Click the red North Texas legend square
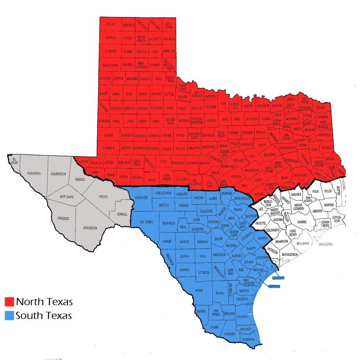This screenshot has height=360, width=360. pyautogui.click(x=9, y=302)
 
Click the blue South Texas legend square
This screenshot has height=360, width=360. pyautogui.click(x=9, y=316)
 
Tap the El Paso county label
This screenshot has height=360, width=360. pyautogui.click(x=15, y=160)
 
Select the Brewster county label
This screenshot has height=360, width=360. pyautogui.click(x=90, y=228)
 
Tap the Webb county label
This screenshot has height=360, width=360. pyautogui.click(x=199, y=290)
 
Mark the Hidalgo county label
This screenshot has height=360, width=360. pyautogui.click(x=231, y=334)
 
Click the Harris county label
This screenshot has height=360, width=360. pyautogui.click(x=302, y=222)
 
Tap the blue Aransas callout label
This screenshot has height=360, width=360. pyautogui.click(x=273, y=286)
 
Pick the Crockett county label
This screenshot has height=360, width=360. pyautogui.click(x=141, y=198)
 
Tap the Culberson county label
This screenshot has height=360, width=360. pyautogui.click(x=58, y=174)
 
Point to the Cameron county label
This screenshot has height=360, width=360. pyautogui.click(x=248, y=339)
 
